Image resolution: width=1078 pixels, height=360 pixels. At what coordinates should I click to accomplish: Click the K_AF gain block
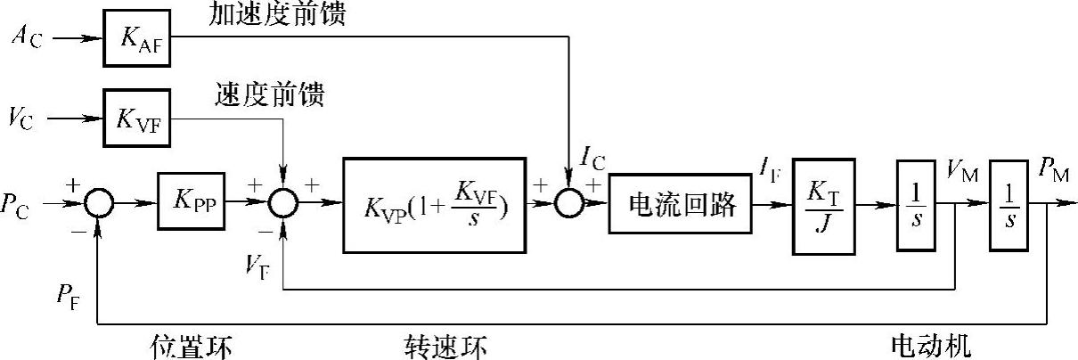[x=138, y=37]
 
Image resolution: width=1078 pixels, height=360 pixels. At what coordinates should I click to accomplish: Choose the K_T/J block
[x=823, y=204]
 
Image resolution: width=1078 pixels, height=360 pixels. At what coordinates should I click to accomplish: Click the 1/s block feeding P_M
[x=1009, y=204]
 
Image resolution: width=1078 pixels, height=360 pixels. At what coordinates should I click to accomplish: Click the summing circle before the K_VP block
[x=282, y=204]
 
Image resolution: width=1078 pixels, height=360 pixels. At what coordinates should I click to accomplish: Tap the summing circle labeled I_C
[x=567, y=204]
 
